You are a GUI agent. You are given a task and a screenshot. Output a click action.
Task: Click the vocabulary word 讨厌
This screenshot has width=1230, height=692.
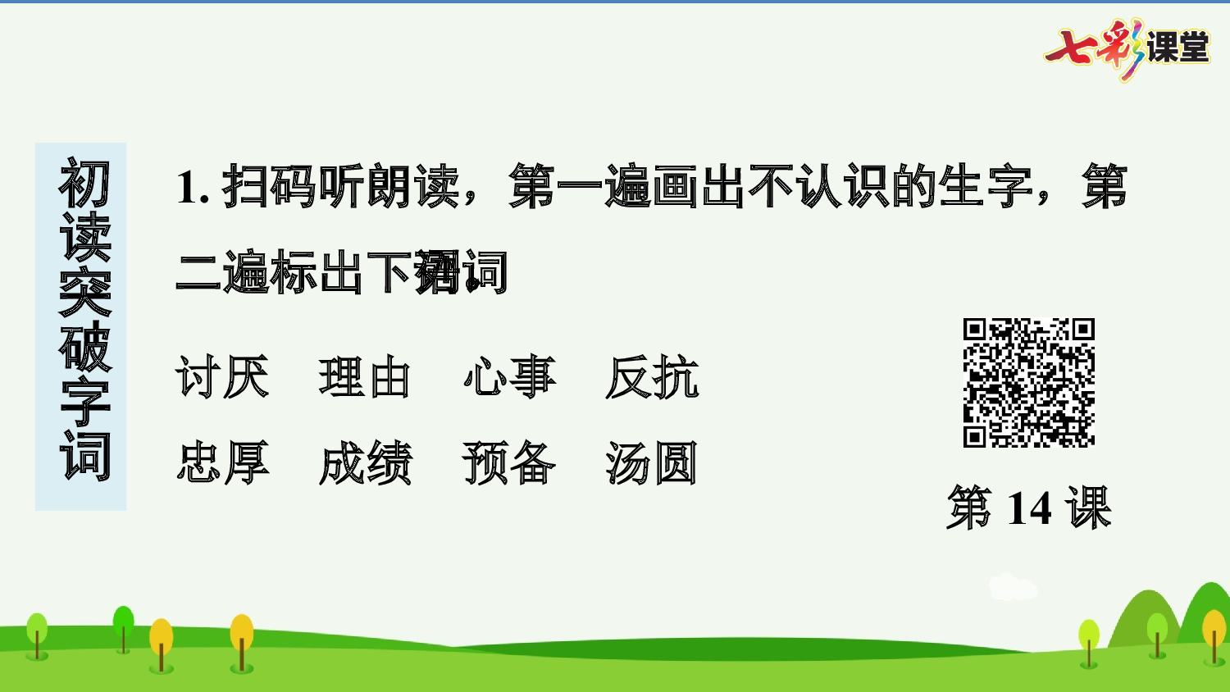click(x=222, y=378)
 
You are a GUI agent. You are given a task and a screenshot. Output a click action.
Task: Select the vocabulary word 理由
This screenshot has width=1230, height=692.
click(x=365, y=378)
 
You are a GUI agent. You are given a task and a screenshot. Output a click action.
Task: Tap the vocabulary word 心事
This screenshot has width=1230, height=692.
click(x=509, y=378)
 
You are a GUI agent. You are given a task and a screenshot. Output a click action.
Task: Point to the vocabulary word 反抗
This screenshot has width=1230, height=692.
click(x=652, y=378)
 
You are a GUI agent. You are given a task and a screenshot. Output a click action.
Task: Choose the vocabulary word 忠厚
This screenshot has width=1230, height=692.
click(x=222, y=463)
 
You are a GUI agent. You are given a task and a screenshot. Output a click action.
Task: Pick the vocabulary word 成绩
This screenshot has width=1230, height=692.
click(x=365, y=463)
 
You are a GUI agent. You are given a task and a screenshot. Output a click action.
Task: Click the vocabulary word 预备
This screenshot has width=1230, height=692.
click(x=509, y=463)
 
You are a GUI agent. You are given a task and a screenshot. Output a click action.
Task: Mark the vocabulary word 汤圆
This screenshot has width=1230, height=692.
click(x=652, y=463)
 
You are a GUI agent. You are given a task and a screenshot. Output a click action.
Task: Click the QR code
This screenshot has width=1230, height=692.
click(x=1028, y=383)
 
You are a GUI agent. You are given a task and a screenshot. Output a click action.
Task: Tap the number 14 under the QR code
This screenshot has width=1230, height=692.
click(x=1028, y=508)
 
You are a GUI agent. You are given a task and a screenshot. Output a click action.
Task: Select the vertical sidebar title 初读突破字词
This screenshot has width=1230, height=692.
click(x=83, y=320)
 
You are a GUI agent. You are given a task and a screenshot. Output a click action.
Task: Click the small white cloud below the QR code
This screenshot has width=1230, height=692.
click(x=1012, y=587)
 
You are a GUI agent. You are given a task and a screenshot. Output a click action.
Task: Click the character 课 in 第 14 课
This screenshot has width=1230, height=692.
click(x=1088, y=508)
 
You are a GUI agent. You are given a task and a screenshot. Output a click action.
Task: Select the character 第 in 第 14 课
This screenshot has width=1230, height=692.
click(x=969, y=508)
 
